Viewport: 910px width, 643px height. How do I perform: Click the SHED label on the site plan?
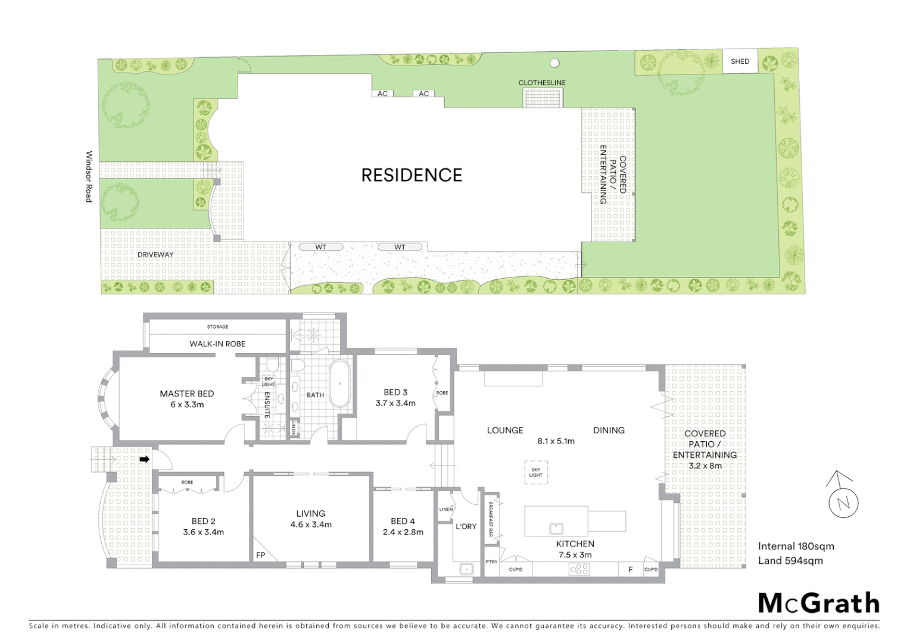coord(740,61)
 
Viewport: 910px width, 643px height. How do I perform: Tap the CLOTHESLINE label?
coord(541,83)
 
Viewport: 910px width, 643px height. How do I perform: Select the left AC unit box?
coord(382,93)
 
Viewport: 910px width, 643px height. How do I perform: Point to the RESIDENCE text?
coord(412,175)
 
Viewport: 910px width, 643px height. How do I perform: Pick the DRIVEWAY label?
coord(155,255)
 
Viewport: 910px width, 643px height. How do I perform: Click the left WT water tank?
coord(321,247)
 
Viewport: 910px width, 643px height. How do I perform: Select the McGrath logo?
coord(819,603)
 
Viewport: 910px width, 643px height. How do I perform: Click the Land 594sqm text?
coord(790,560)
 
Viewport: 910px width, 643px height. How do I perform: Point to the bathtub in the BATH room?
coord(340,383)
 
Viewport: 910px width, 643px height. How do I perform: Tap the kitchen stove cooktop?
coord(579,570)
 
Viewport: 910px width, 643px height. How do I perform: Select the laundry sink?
coord(466,569)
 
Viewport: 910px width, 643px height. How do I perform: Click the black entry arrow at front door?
coord(144,460)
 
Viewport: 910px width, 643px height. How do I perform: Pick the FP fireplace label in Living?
coord(260,555)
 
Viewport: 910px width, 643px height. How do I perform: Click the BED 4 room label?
coord(403,521)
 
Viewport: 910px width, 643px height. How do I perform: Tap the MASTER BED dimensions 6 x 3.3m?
coord(186,405)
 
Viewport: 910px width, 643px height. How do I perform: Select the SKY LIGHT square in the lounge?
coord(535,472)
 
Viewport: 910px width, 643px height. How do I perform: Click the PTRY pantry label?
coord(491,562)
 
